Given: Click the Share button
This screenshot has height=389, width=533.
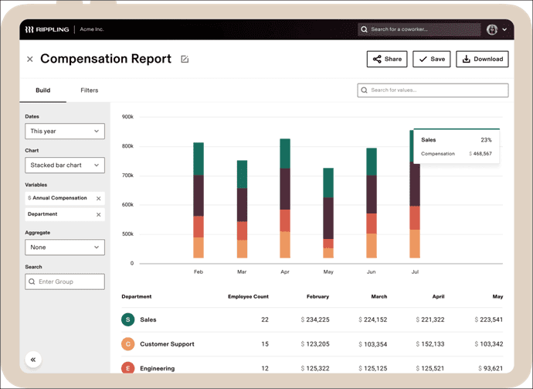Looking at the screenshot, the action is (387, 60).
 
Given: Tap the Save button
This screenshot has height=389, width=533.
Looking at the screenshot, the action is (432, 60).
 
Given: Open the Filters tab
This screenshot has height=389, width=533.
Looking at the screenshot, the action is (90, 90).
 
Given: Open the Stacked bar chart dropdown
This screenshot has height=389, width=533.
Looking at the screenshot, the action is (65, 165).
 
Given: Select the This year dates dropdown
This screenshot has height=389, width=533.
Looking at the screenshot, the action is (65, 131).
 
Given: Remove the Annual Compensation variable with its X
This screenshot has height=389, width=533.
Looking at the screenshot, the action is (99, 199).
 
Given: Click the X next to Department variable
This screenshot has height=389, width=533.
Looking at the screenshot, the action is (99, 215).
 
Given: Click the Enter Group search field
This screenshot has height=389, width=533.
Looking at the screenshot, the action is (65, 282).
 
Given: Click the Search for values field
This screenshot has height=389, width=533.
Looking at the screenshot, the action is (433, 90).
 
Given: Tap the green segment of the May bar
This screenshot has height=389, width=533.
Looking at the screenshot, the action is (328, 183).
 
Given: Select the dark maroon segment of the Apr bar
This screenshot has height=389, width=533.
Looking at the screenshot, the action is (285, 189).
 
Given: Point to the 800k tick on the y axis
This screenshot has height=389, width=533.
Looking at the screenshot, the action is (127, 146).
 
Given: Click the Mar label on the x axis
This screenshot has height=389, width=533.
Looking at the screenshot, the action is (242, 271).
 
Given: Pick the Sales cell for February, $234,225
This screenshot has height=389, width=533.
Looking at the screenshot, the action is (315, 319).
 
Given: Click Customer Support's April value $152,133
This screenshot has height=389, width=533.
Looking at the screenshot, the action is (430, 344).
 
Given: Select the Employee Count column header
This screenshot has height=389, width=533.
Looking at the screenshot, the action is (248, 296).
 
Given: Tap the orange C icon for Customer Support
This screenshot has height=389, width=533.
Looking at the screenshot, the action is (127, 344).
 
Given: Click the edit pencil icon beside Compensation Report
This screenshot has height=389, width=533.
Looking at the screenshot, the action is (185, 60).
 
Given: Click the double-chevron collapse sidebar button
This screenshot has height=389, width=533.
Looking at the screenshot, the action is (33, 360).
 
